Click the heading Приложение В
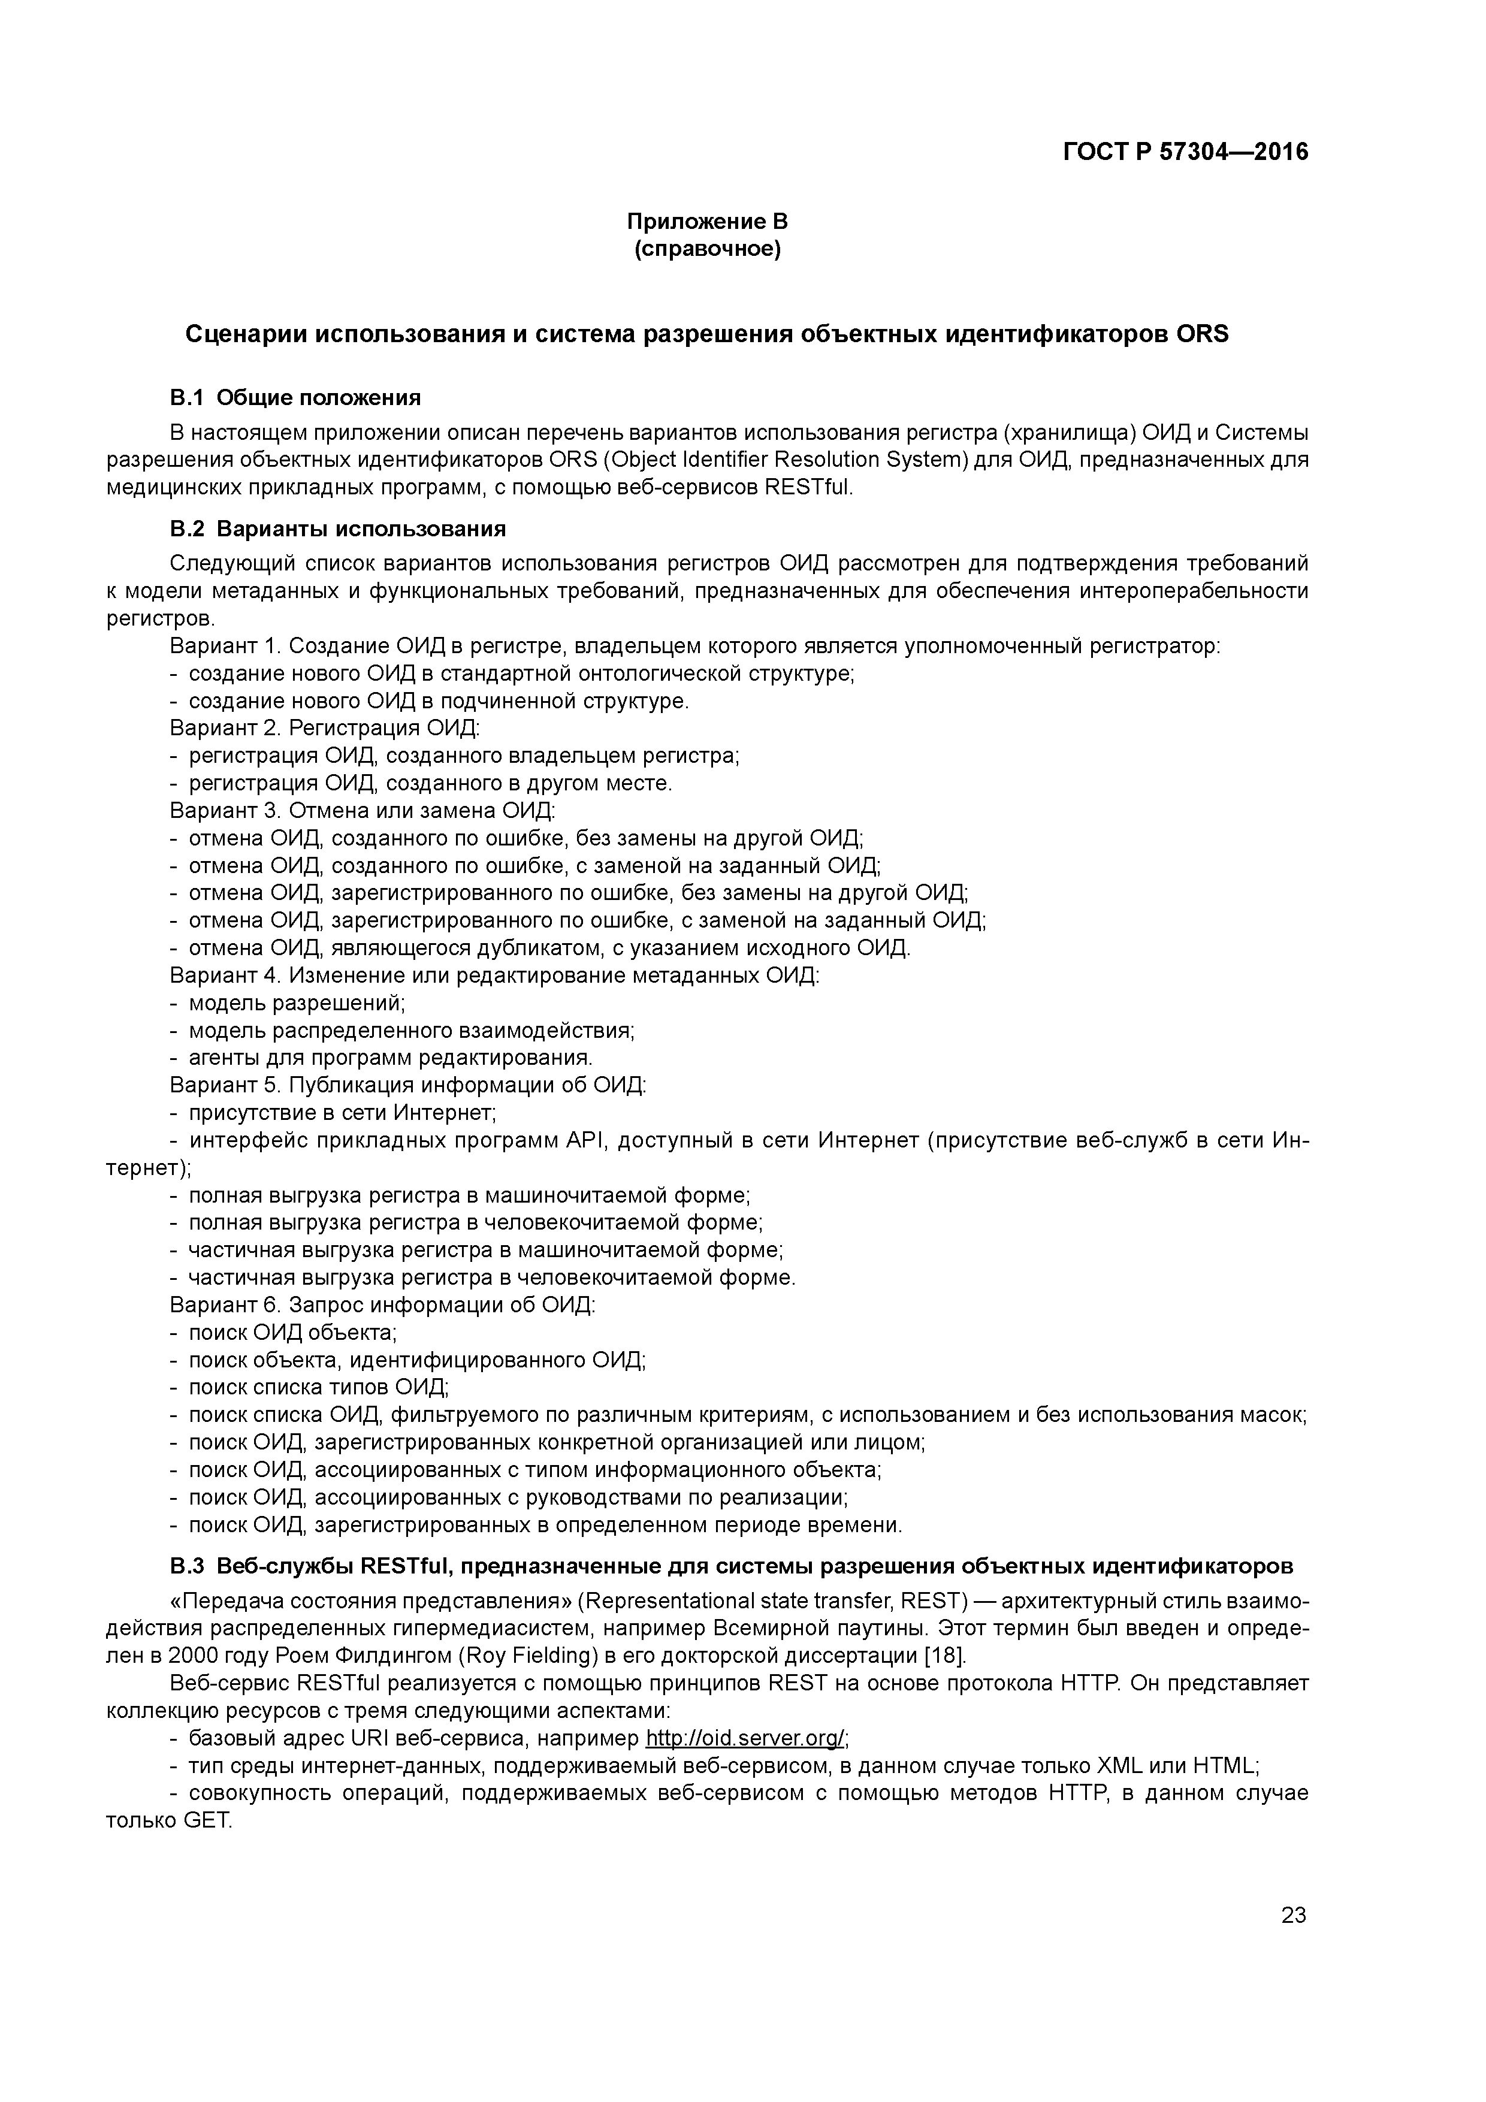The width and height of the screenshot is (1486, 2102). tap(707, 222)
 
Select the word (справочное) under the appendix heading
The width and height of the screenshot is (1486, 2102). tap(707, 249)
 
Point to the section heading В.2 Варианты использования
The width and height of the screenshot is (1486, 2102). tap(337, 529)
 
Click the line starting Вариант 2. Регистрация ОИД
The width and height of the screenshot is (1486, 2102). tap(324, 729)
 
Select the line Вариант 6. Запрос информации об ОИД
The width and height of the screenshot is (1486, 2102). tap(383, 1304)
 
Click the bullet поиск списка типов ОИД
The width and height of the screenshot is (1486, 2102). tap(318, 1387)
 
